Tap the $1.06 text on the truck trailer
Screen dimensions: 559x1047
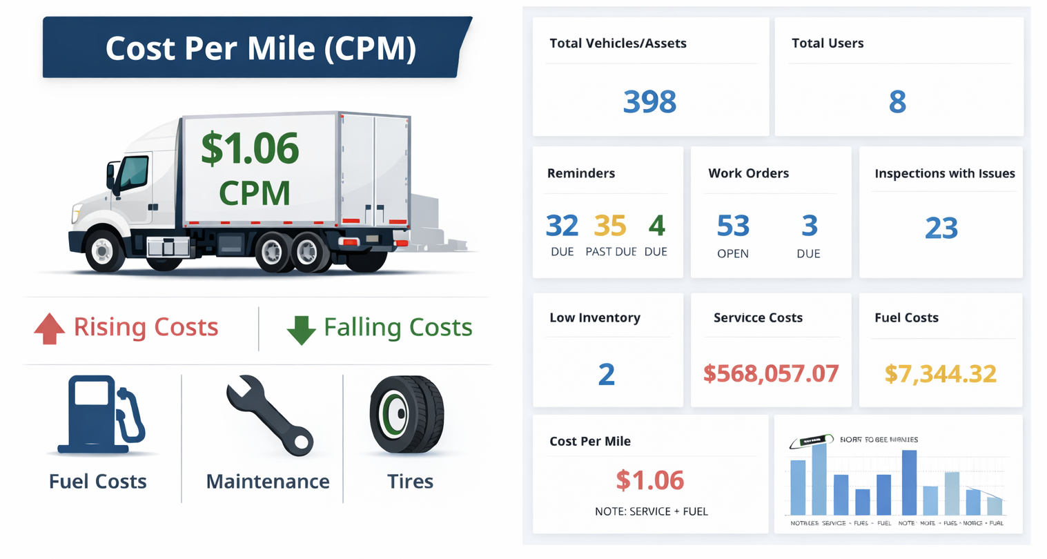[250, 149]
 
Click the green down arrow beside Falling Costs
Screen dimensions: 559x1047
[301, 329]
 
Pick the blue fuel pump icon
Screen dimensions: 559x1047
[101, 414]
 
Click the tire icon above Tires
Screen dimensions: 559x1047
[407, 414]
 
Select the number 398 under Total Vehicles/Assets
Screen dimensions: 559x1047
[649, 102]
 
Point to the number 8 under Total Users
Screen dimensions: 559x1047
[897, 102]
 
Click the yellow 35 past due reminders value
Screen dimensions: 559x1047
[610, 226]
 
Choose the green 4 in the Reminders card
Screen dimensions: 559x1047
[656, 226]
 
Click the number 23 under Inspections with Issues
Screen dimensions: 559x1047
[941, 228]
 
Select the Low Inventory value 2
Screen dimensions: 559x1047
[606, 374]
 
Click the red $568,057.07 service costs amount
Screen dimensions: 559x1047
[771, 373]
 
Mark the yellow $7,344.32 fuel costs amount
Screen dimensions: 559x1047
[940, 374]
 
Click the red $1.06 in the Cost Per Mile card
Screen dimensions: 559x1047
[649, 480]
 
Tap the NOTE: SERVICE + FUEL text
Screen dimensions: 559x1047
[651, 511]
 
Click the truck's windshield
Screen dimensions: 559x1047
[134, 173]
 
